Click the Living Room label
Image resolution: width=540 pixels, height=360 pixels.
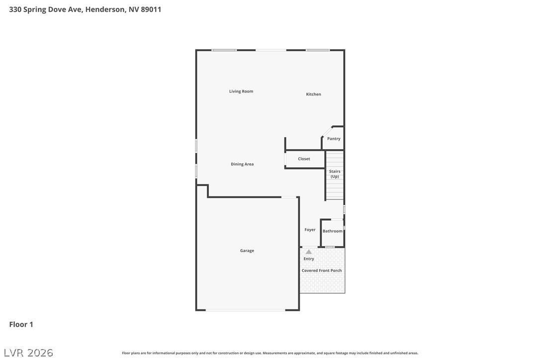tap(241, 91)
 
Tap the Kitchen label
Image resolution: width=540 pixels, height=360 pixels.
tap(313, 94)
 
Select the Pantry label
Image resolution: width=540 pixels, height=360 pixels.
tap(334, 139)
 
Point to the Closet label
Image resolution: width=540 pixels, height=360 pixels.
tap(304, 159)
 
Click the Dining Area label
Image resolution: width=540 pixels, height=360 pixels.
tap(242, 164)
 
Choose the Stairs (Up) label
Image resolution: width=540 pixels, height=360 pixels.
tap(335, 174)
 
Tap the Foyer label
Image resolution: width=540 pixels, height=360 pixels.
tap(310, 230)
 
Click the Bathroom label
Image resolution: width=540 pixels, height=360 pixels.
tap(332, 231)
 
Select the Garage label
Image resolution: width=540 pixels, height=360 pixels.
tap(247, 251)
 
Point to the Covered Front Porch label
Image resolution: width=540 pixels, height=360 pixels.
tap(322, 270)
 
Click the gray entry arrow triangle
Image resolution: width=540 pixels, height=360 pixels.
tap(309, 252)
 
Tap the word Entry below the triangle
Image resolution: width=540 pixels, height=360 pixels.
tap(309, 259)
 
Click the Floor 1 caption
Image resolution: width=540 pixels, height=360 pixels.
tap(21, 324)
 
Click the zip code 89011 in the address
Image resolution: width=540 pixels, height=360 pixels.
tap(151, 9)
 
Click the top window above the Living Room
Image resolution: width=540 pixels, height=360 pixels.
tap(224, 50)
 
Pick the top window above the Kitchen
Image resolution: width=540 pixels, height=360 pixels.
tap(318, 50)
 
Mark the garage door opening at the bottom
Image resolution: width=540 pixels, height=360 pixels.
tap(246, 310)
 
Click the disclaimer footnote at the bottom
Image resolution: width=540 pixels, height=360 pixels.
tap(270, 353)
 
